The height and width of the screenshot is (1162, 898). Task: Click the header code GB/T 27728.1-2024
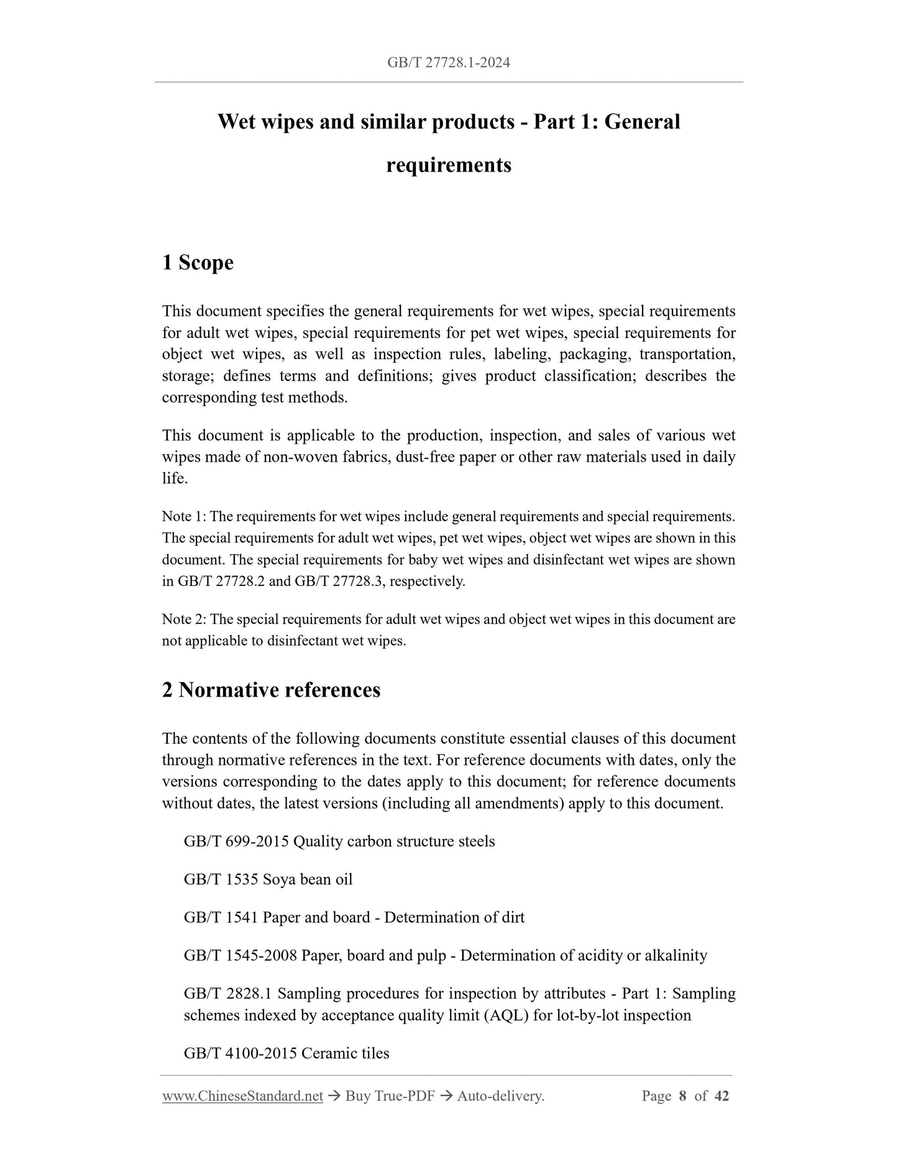(x=448, y=62)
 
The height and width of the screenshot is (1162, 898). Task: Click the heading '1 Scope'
(x=198, y=263)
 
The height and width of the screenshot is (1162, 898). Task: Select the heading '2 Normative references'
(x=271, y=690)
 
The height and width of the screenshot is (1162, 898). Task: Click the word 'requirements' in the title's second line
(x=449, y=165)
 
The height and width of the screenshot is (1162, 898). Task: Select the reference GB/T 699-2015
(x=236, y=841)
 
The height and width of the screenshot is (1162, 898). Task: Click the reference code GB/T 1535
(x=221, y=879)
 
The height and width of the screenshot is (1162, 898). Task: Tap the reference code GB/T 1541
(x=221, y=917)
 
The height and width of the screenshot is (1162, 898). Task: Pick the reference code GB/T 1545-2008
(x=241, y=955)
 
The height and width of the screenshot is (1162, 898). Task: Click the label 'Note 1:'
(x=184, y=516)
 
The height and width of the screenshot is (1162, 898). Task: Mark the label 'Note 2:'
(x=185, y=620)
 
